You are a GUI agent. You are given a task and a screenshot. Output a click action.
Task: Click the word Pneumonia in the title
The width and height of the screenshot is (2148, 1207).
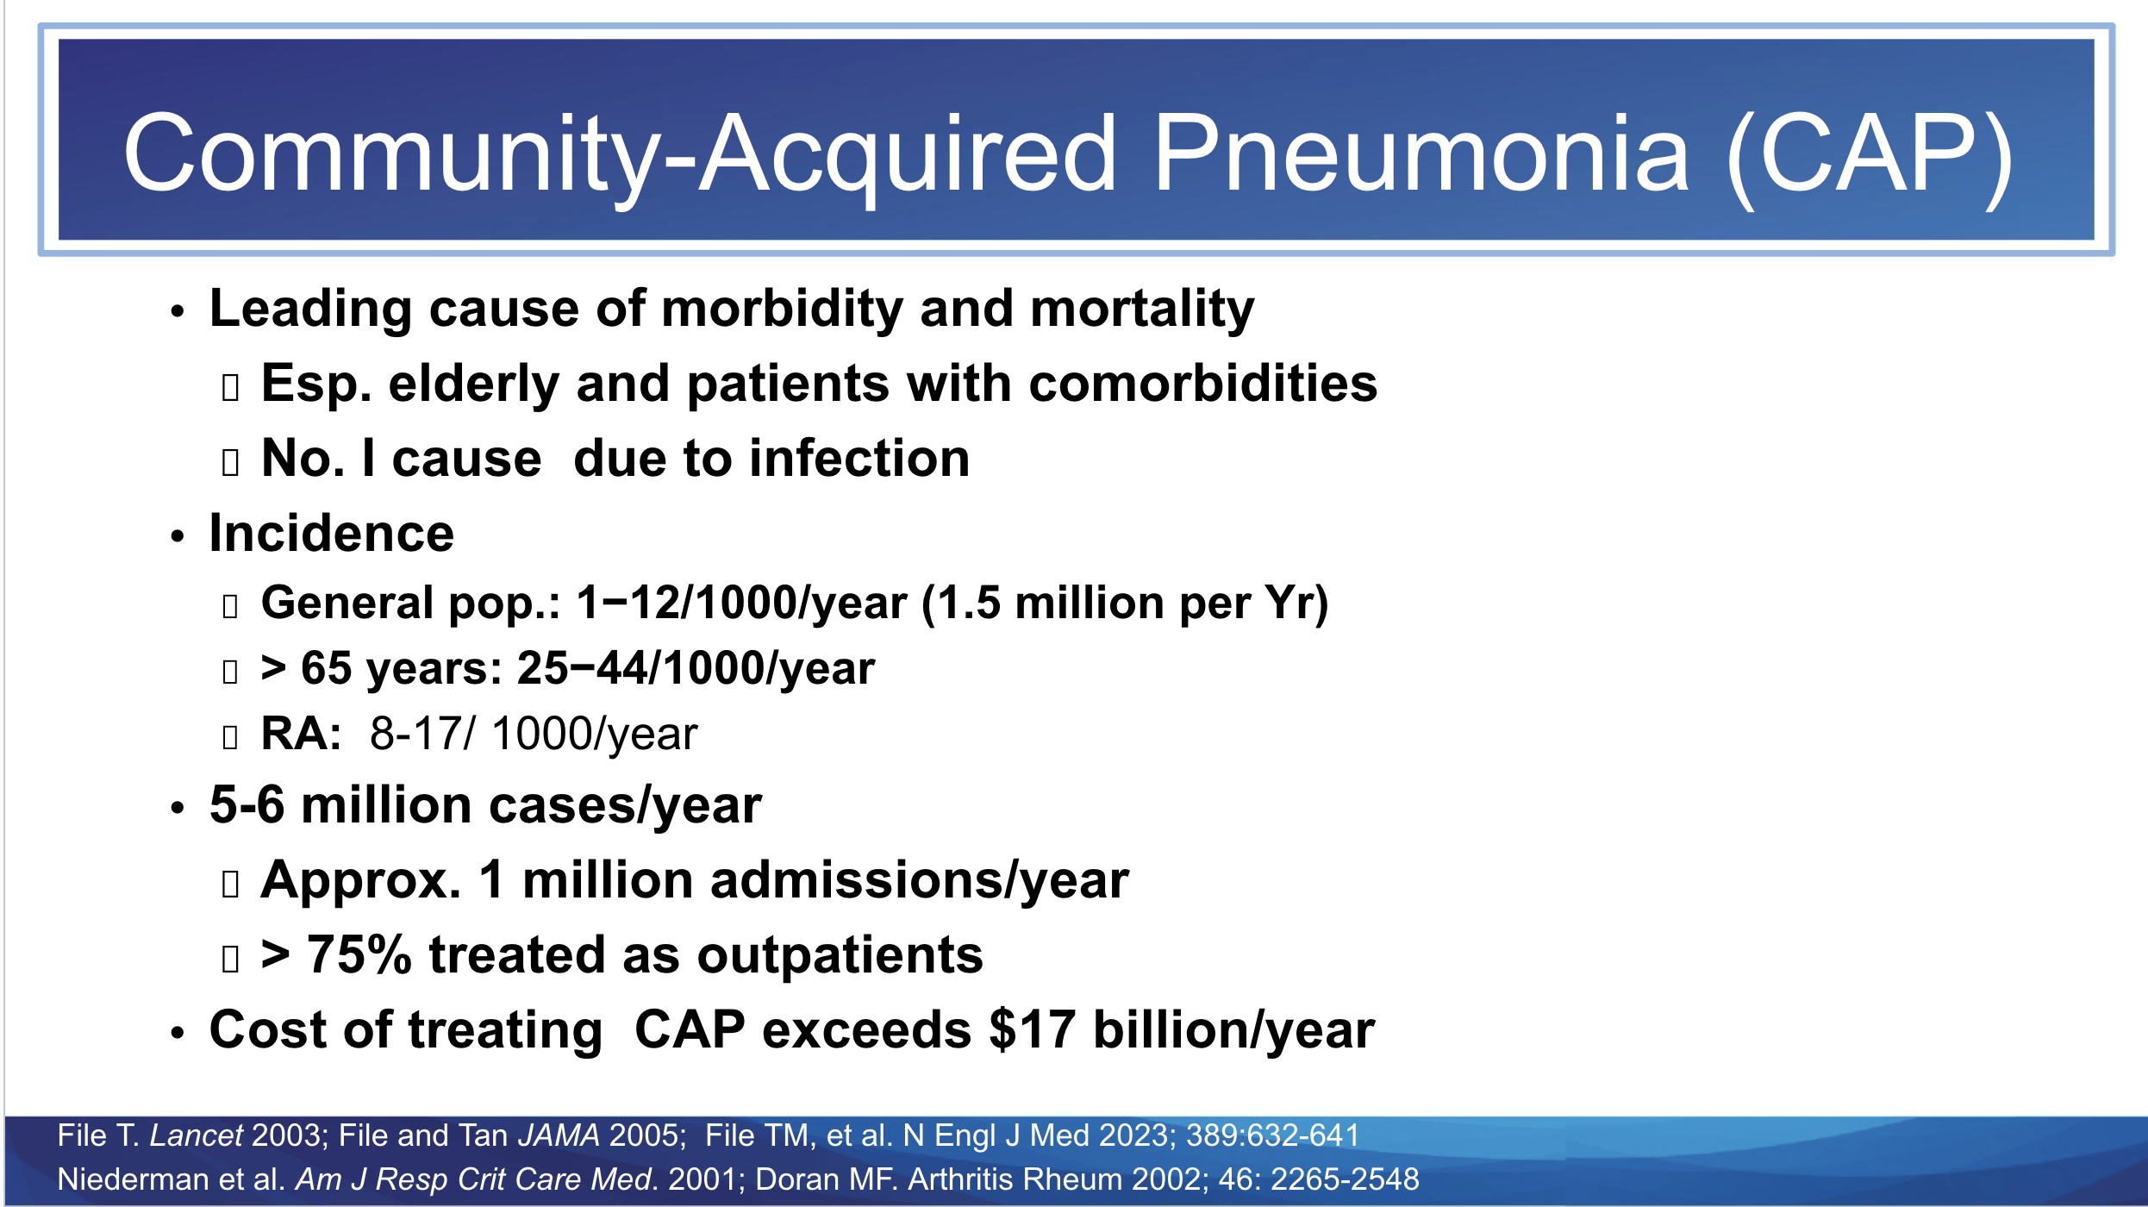(x=1420, y=153)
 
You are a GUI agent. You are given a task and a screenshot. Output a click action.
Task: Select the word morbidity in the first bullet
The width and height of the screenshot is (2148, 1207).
(x=782, y=310)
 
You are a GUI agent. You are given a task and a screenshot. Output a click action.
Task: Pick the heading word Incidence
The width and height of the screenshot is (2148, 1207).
(x=332, y=533)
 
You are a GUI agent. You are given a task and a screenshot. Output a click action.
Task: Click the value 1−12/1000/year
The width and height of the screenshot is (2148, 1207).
(x=741, y=603)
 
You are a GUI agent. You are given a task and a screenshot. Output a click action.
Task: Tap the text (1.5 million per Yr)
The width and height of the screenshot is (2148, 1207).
(x=1125, y=604)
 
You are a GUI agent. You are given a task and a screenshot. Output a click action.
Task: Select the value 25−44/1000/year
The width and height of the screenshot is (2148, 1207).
(x=696, y=668)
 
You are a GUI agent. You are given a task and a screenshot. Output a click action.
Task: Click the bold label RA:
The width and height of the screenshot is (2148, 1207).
(x=301, y=735)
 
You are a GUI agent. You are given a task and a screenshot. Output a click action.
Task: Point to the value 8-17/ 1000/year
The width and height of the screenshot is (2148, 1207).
(x=534, y=735)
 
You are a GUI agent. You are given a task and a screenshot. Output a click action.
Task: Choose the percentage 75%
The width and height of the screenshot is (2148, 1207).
(x=359, y=955)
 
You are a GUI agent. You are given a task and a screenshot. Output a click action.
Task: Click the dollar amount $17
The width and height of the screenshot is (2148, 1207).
(x=1033, y=1029)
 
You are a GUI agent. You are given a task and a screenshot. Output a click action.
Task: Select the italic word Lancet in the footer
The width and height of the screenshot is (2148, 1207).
(x=197, y=1135)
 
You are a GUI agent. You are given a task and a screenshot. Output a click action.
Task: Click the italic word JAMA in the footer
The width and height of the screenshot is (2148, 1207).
(x=559, y=1135)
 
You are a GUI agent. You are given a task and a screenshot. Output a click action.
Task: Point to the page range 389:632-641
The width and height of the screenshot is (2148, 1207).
(x=1272, y=1135)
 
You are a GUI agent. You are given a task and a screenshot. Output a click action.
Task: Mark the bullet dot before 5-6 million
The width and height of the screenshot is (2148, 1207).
(x=178, y=808)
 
